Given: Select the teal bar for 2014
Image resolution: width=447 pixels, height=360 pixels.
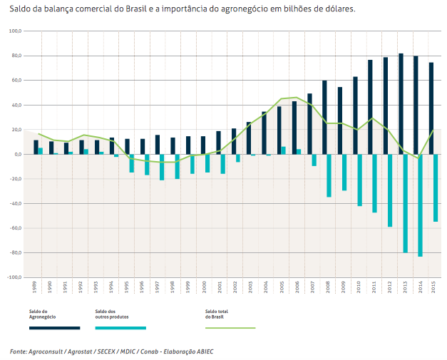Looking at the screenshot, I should click(421, 205).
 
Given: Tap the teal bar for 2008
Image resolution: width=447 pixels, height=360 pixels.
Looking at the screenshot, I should click(329, 175).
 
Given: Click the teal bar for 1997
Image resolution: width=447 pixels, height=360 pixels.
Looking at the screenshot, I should click(162, 167).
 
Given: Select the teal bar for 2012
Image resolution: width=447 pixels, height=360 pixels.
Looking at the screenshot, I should click(390, 190).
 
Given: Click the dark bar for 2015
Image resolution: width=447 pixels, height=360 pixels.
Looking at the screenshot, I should click(431, 108).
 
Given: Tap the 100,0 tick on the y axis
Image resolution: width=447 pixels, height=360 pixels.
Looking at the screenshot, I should click(16, 31).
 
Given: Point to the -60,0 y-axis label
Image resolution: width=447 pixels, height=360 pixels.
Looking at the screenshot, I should click(16, 228).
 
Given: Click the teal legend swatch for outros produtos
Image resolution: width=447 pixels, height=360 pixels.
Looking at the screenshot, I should click(120, 328).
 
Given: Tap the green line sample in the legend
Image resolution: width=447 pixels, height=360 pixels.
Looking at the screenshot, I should click(230, 328).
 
